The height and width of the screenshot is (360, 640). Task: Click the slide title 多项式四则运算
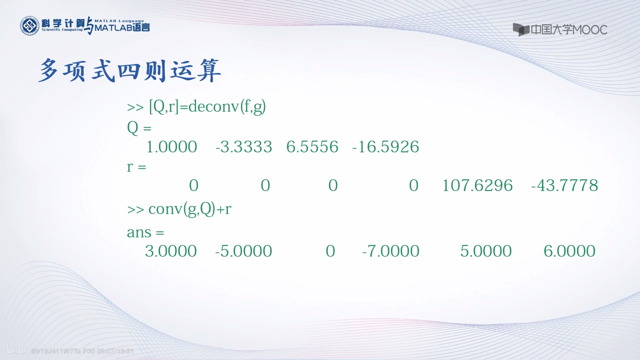point(130,71)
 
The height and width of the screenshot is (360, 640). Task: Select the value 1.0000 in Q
point(172,147)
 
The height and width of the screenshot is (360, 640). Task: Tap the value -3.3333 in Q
point(244,147)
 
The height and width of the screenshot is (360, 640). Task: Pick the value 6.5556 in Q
point(312,147)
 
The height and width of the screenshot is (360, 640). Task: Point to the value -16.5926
point(386,147)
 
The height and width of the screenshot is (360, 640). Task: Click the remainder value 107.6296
point(477,185)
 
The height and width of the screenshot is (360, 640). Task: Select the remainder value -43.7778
point(565,185)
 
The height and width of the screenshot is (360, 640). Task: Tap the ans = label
point(145,233)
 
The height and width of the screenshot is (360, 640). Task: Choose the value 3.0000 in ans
point(171,251)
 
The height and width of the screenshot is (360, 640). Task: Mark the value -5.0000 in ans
point(244,251)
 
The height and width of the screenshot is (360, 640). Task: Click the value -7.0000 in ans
point(391,251)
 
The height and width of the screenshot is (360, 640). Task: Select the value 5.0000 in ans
point(486,251)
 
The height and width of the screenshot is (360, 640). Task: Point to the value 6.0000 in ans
point(569,251)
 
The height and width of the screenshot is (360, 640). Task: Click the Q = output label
point(139,128)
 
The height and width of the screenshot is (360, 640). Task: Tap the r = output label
point(136,167)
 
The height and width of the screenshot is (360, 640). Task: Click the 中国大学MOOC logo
point(560,30)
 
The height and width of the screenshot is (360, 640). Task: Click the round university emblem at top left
point(29,26)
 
